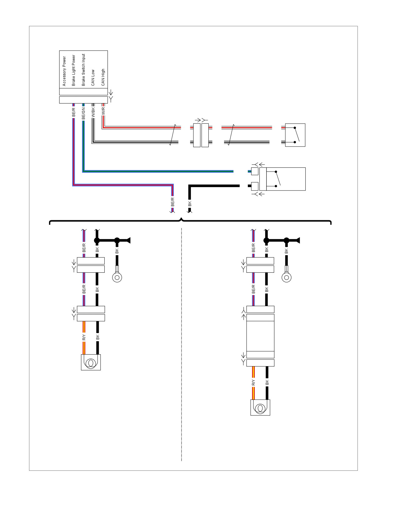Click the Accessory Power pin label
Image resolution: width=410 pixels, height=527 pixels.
point(64,71)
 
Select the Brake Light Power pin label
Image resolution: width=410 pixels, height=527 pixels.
point(74,71)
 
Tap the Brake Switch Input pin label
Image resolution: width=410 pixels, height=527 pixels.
point(83,70)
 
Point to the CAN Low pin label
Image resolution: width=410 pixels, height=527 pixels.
point(93,78)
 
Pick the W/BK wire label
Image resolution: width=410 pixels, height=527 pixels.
point(93,113)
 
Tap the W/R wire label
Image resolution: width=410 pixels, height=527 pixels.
point(103,111)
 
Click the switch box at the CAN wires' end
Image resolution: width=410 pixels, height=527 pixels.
point(295,135)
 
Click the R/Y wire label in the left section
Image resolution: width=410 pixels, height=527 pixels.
point(83,337)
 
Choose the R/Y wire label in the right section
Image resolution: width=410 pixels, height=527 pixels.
point(253,383)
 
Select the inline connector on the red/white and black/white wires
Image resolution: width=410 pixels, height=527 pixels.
point(201,135)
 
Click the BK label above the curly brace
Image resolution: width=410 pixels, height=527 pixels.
point(190,203)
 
